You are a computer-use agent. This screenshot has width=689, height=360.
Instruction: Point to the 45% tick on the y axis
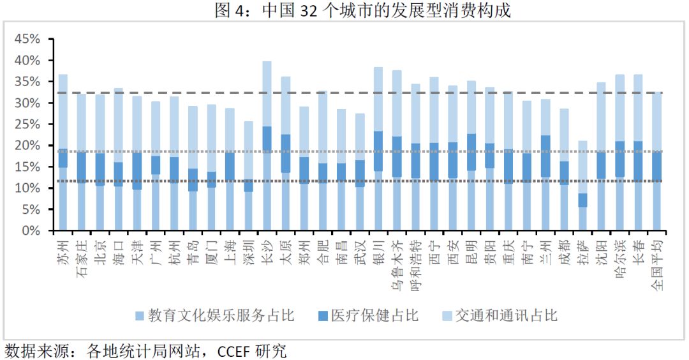tap(27, 39)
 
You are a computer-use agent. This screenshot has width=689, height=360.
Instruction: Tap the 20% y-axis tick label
tap(27, 146)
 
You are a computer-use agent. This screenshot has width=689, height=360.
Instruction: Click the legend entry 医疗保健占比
tap(367, 315)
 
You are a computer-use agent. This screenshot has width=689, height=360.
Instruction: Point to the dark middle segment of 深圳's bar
tap(248, 185)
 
